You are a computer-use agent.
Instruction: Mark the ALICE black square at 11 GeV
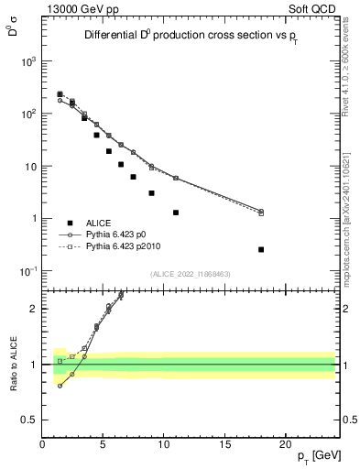(x=176, y=213)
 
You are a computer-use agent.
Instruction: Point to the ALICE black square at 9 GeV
(x=151, y=193)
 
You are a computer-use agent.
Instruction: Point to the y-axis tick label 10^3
(x=27, y=61)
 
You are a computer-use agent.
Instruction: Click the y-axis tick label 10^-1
(x=27, y=271)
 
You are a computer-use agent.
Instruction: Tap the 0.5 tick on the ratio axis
(x=29, y=420)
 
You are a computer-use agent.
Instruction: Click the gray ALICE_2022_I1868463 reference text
(x=189, y=273)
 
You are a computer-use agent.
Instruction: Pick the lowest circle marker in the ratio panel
(x=60, y=386)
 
